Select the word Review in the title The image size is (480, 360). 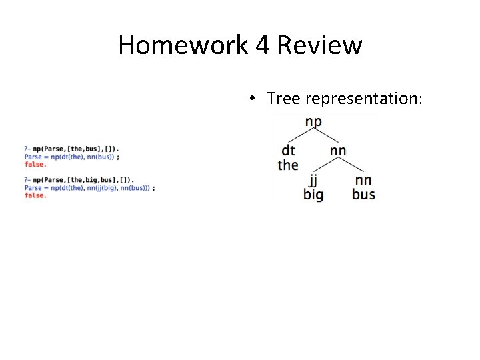tap(320, 45)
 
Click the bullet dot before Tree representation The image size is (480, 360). tap(253, 99)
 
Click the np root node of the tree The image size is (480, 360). tap(313, 122)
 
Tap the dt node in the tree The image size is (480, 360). tap(288, 150)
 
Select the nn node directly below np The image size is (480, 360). tap(338, 150)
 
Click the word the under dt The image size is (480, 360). tap(288, 165)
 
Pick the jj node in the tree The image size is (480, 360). tap(313, 180)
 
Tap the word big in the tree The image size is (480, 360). tap(313, 195)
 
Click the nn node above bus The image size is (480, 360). tap(363, 180)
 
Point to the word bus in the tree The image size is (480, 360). tap(363, 195)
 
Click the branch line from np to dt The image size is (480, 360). tap(300, 135)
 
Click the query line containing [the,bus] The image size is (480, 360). tap(72, 149)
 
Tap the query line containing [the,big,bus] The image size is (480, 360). tap(79, 180)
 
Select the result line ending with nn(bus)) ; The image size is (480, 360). tap(71, 157)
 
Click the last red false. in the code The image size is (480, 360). tap(35, 196)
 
